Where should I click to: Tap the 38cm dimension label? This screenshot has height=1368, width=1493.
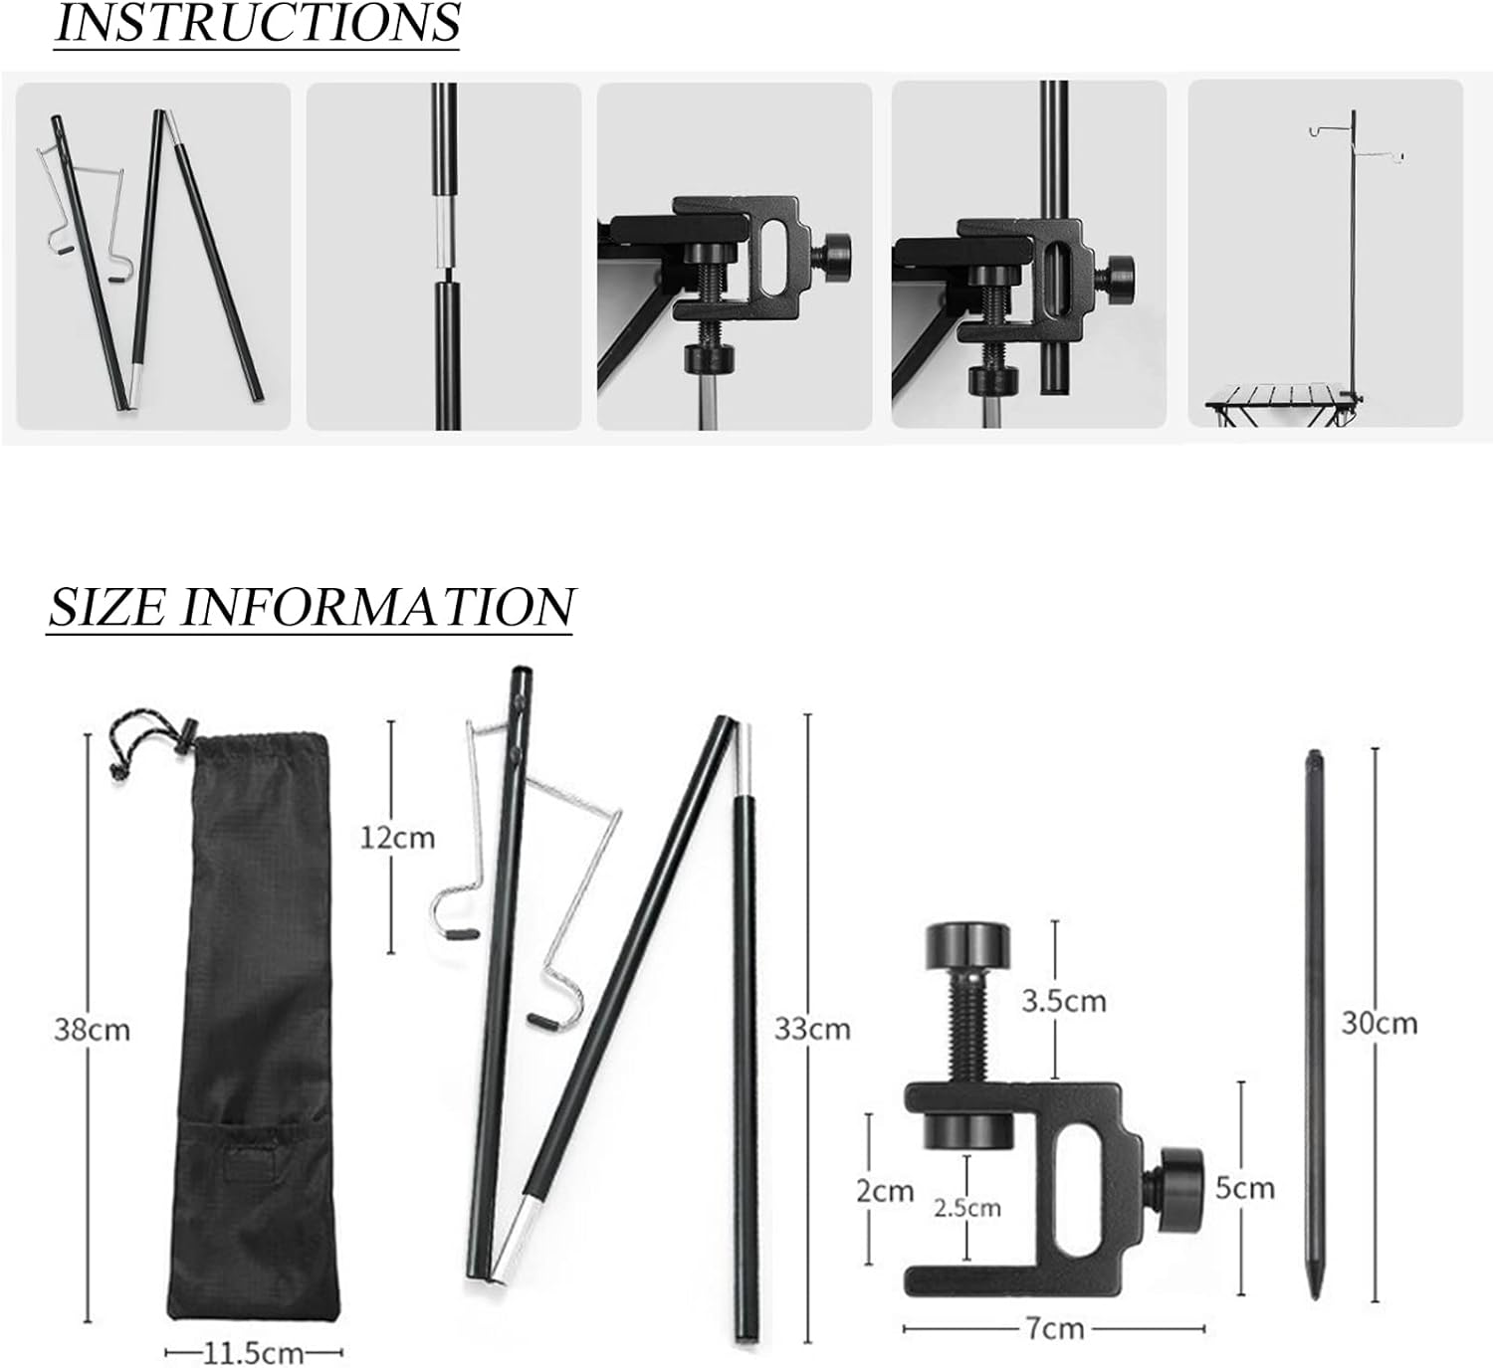[92, 1030]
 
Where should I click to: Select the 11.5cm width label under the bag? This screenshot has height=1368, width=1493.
[254, 1353]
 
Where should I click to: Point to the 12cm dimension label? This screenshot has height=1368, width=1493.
[397, 838]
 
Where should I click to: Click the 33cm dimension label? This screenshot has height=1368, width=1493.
[812, 1029]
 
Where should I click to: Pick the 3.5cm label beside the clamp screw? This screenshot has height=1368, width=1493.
[1063, 1001]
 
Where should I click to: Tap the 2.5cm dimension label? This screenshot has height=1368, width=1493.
[966, 1208]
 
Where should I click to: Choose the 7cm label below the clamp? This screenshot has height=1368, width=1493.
[1055, 1328]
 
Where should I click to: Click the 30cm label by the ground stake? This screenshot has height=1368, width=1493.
[1379, 1023]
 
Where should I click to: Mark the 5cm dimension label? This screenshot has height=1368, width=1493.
[1244, 1188]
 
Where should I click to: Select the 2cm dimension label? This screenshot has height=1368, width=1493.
[884, 1191]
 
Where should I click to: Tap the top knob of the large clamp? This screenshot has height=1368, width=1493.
[967, 946]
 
